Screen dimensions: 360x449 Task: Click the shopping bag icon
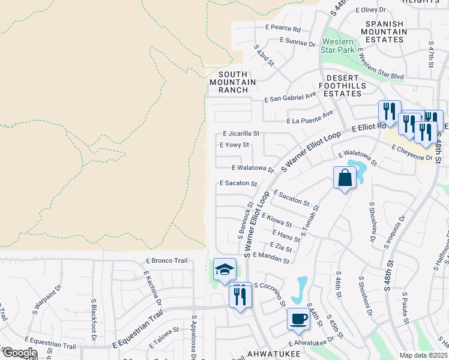345,178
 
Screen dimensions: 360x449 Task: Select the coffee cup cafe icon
298,319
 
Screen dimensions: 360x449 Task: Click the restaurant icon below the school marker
240,295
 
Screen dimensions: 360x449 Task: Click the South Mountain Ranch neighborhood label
233,82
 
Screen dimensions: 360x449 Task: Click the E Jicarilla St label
241,134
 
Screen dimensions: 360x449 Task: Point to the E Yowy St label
234,145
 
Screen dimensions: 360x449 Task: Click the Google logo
20,353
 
